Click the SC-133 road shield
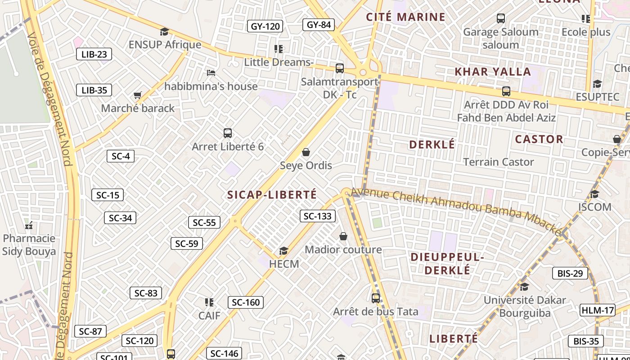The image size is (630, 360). tap(317, 216)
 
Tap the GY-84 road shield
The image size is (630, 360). tap(319, 25)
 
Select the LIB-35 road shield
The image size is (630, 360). tap(94, 90)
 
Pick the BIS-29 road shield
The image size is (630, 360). tap(570, 273)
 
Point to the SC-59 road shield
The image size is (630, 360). tap(186, 243)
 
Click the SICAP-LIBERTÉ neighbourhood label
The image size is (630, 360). tap(272, 195)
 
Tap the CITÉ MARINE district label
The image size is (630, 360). tap(405, 17)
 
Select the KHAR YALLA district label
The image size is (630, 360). tap(493, 72)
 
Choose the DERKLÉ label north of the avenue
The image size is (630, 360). tap(432, 144)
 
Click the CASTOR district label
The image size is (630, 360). tap(539, 139)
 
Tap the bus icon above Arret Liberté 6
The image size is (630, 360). tap(228, 133)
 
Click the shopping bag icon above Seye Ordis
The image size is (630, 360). tap(306, 152)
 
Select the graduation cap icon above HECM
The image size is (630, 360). tap(283, 251)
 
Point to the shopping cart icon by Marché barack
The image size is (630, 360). tap(138, 95)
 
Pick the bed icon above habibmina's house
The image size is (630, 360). tap(211, 72)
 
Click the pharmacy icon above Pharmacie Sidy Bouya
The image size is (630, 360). tap(29, 225)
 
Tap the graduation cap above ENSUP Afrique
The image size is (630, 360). tap(164, 31)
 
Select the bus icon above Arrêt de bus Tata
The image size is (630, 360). tap(375, 298)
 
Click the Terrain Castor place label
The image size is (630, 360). tap(498, 162)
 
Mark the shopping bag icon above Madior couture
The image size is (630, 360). tap(343, 236)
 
